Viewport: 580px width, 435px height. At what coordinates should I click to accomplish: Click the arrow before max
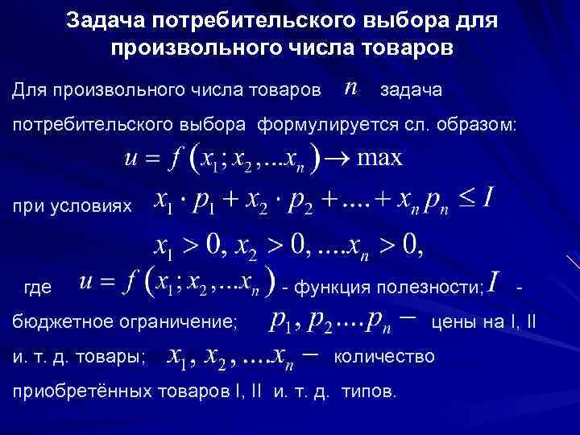(x=335, y=158)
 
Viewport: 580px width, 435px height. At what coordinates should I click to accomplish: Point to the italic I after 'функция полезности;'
(x=494, y=284)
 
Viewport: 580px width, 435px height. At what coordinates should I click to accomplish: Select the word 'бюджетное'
(x=56, y=323)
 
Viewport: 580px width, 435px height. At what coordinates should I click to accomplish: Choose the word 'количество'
(x=383, y=355)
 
